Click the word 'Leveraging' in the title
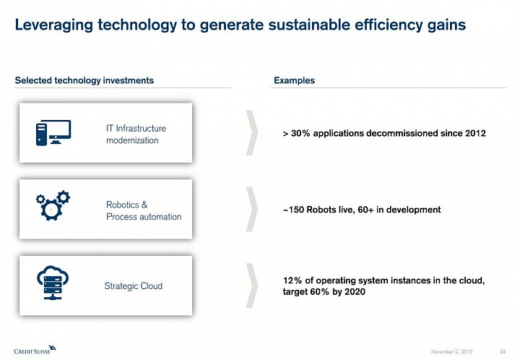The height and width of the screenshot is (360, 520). (53, 25)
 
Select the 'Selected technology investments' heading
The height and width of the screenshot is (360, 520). (84, 81)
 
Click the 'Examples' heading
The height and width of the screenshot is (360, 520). (294, 81)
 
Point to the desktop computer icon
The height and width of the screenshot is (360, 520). (53, 132)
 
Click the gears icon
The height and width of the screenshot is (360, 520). (53, 205)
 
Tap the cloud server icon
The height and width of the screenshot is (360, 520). (53, 283)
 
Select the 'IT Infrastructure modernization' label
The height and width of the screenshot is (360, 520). (136, 134)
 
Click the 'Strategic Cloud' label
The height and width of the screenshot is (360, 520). (134, 286)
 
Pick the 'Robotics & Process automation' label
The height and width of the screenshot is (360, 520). (144, 210)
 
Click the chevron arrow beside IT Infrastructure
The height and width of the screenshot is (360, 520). (252, 133)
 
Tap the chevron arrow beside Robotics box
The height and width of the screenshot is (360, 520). (252, 209)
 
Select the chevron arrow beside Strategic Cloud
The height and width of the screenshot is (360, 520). (252, 286)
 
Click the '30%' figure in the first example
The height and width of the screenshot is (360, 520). (300, 134)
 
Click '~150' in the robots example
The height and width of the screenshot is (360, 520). (293, 210)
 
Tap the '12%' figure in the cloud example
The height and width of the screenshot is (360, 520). (292, 280)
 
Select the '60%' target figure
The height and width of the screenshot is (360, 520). (320, 292)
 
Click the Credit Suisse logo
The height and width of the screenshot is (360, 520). (35, 349)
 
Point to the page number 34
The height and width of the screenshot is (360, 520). (503, 351)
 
